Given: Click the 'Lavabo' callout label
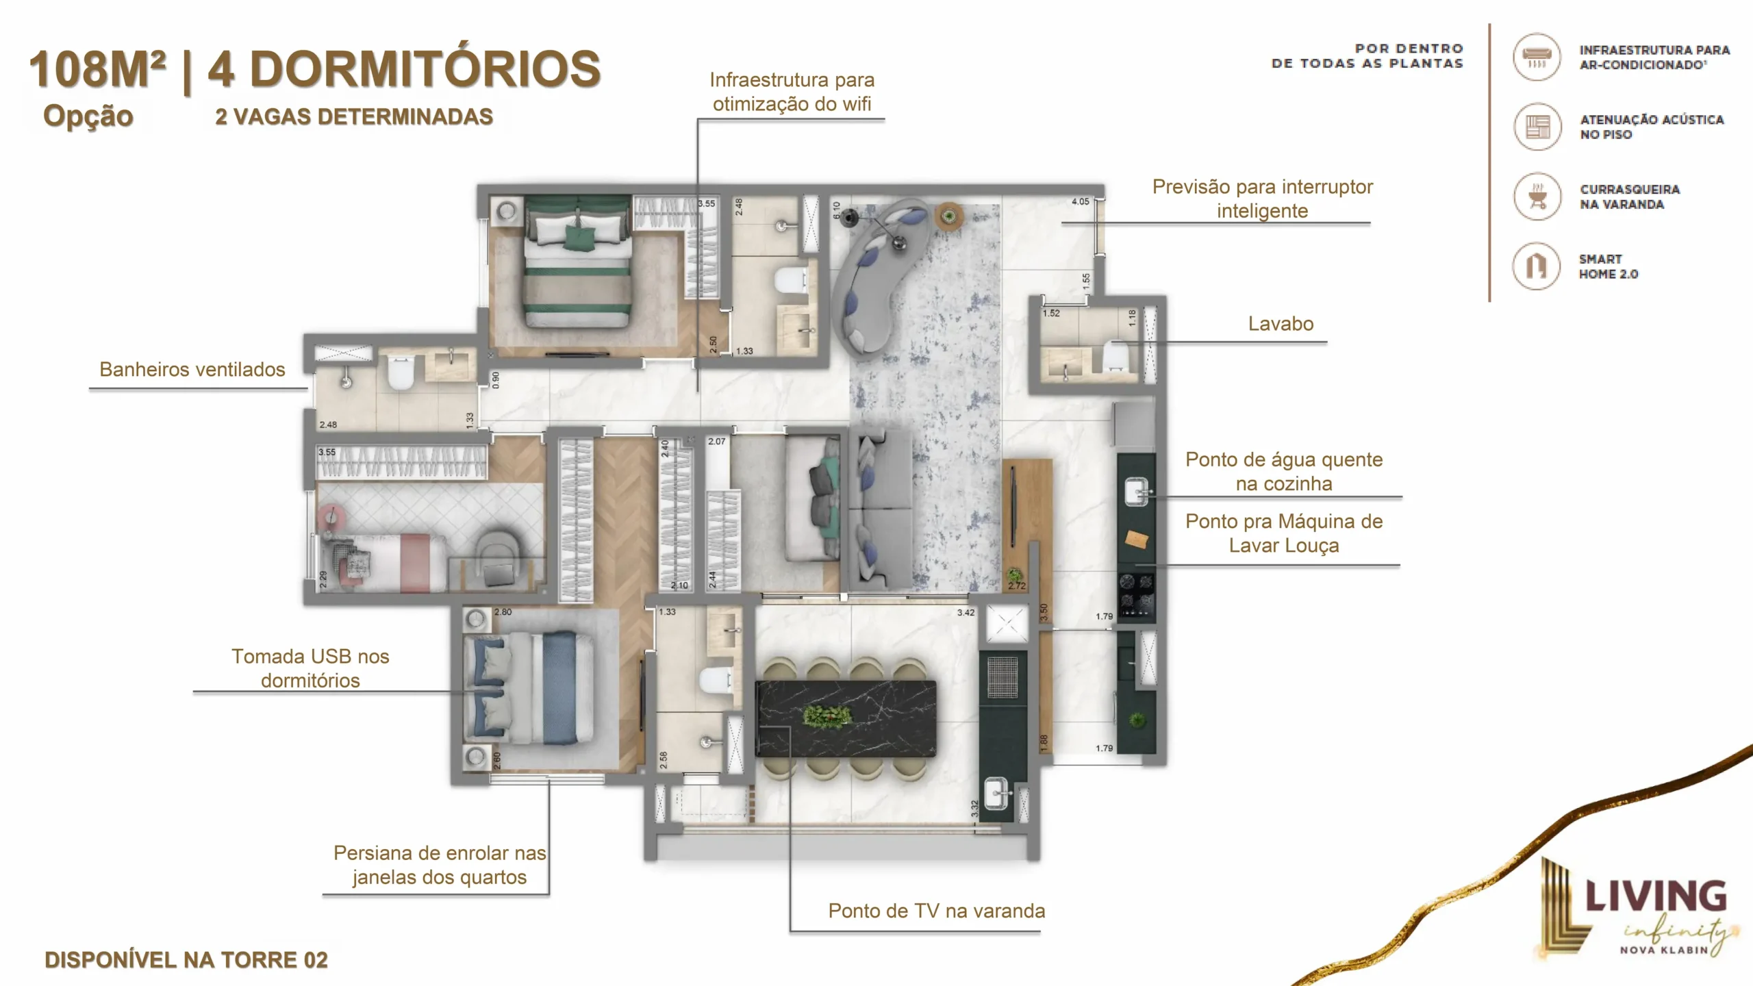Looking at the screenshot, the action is (x=1281, y=324).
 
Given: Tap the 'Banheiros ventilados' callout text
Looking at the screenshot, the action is (x=192, y=370).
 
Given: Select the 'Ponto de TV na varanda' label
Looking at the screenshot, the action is (x=937, y=911).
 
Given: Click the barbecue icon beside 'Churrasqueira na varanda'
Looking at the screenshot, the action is (x=1537, y=197).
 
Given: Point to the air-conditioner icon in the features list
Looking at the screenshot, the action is (x=1537, y=57).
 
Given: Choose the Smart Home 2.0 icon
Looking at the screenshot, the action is (x=1537, y=266).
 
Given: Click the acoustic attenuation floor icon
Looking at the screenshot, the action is (x=1537, y=127).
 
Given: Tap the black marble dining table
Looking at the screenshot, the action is (x=846, y=718).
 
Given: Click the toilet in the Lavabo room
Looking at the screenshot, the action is (x=1116, y=356).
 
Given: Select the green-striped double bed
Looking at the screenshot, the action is (x=577, y=262).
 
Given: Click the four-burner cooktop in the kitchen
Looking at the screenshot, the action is (x=1137, y=594).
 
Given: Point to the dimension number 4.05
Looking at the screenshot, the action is (x=1080, y=201).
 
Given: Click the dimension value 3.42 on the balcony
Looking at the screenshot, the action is (x=966, y=612).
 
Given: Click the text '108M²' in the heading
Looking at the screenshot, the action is (x=97, y=69).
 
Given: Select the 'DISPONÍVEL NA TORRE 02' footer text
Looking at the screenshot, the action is (x=186, y=960).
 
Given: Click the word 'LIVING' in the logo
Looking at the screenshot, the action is (x=1656, y=896).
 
